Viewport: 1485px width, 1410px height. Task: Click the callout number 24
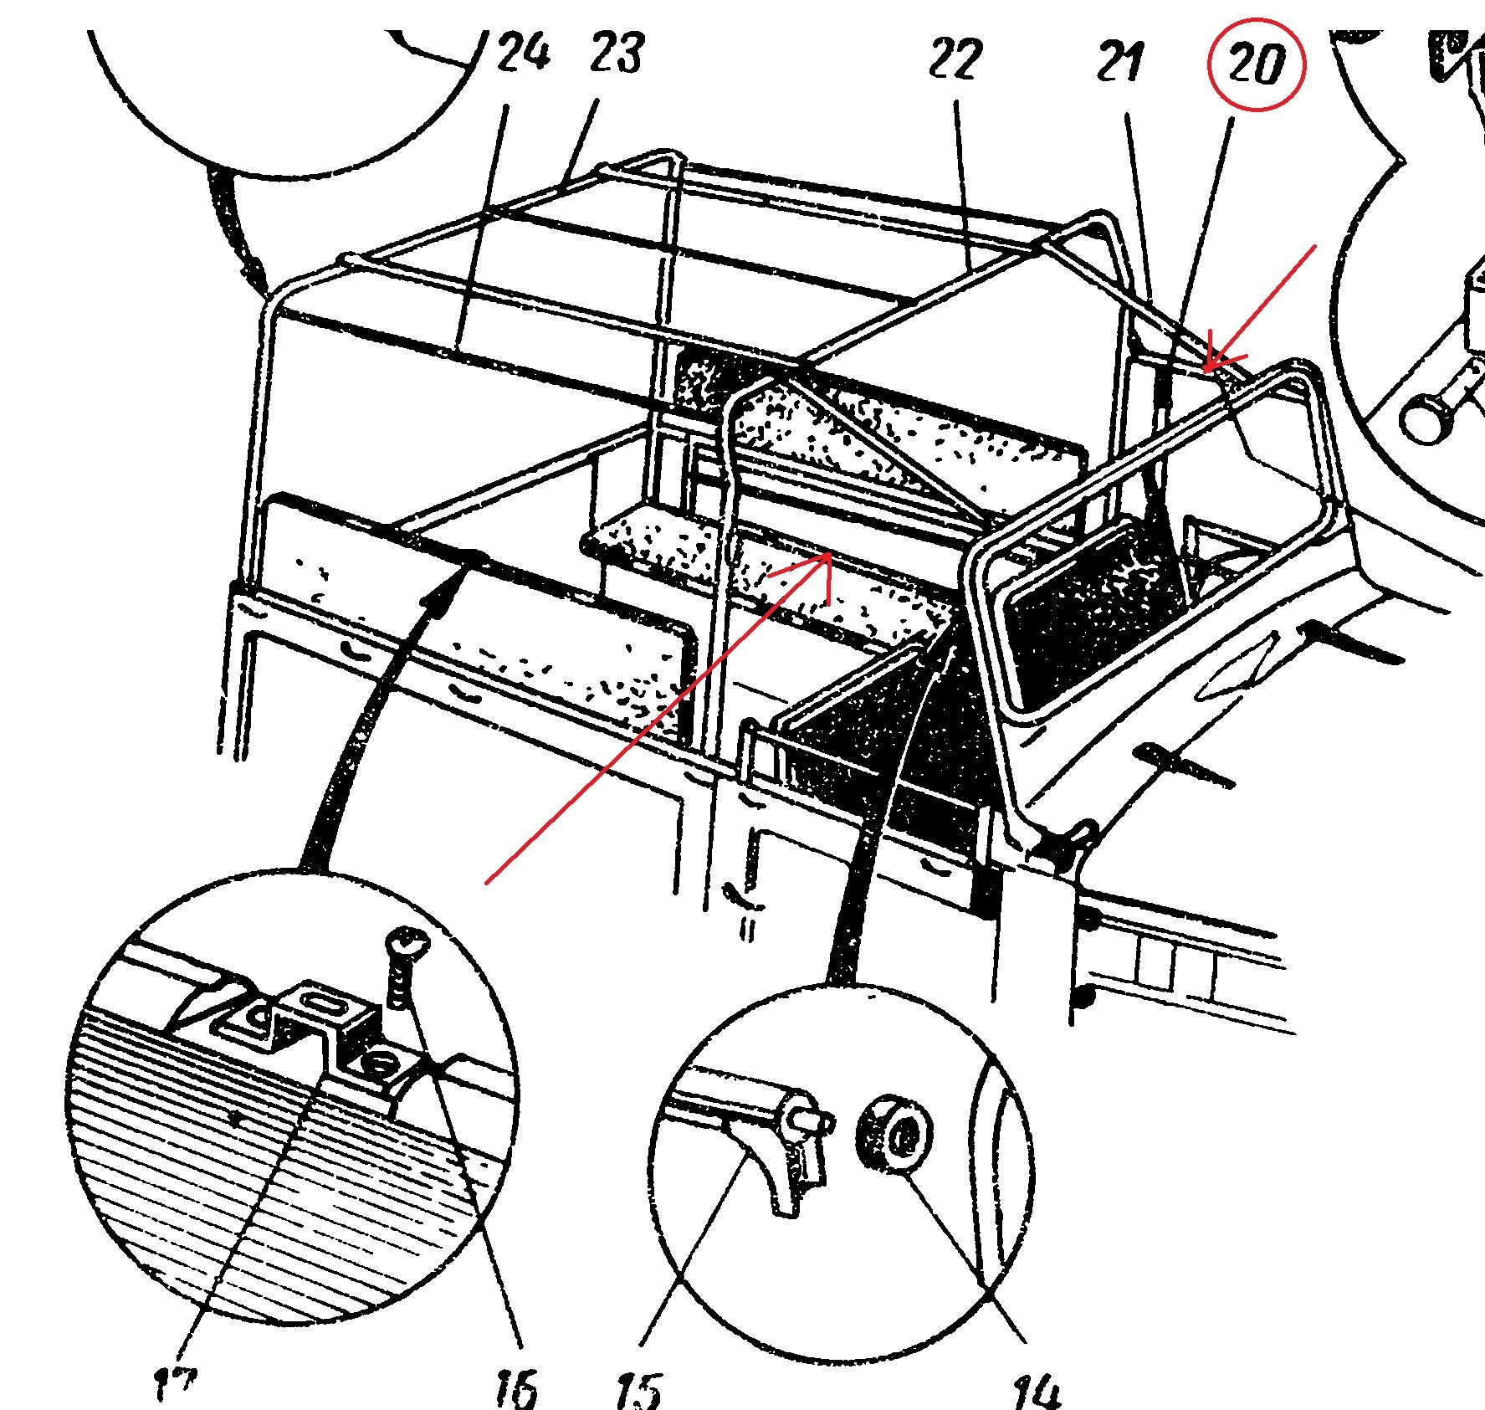pos(523,53)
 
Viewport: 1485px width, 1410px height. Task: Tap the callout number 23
pos(617,53)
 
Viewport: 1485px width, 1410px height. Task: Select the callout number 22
pos(955,59)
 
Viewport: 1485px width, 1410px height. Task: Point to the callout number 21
pos(1120,62)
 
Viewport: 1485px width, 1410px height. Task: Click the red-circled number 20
pos(1257,64)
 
